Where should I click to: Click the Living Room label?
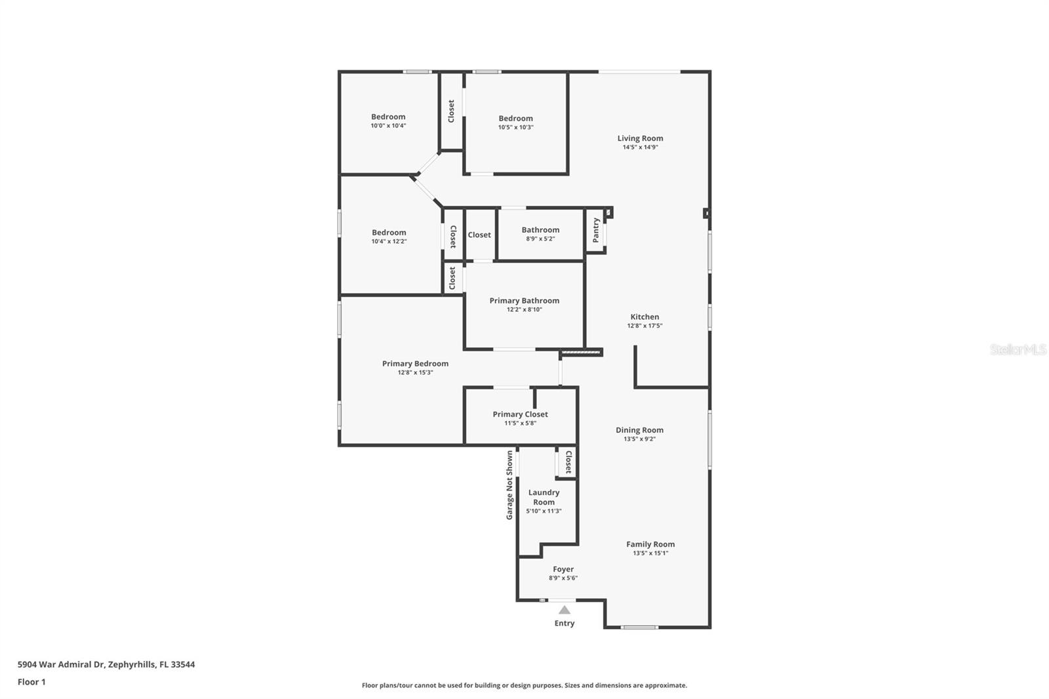pos(640,138)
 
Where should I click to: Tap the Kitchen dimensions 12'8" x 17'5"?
pos(645,326)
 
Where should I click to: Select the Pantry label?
pos(596,230)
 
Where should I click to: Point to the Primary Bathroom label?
pos(524,300)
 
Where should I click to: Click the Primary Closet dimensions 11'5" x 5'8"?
pos(521,423)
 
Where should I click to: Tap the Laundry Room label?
pos(544,497)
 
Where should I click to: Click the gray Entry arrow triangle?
pos(564,610)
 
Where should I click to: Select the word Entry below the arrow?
pos(564,623)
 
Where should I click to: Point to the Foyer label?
pos(563,569)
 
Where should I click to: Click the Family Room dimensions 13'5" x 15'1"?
pos(650,553)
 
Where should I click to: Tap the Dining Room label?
pos(639,430)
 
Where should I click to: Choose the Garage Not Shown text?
pos(509,485)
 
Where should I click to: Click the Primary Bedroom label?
pos(416,363)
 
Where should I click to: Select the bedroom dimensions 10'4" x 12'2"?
pos(389,241)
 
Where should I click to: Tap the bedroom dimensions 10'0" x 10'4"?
pos(388,125)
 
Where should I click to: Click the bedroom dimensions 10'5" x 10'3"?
pos(515,127)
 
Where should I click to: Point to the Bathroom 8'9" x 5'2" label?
pos(540,234)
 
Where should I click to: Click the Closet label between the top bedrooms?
pos(451,111)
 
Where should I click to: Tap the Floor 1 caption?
pos(32,682)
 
